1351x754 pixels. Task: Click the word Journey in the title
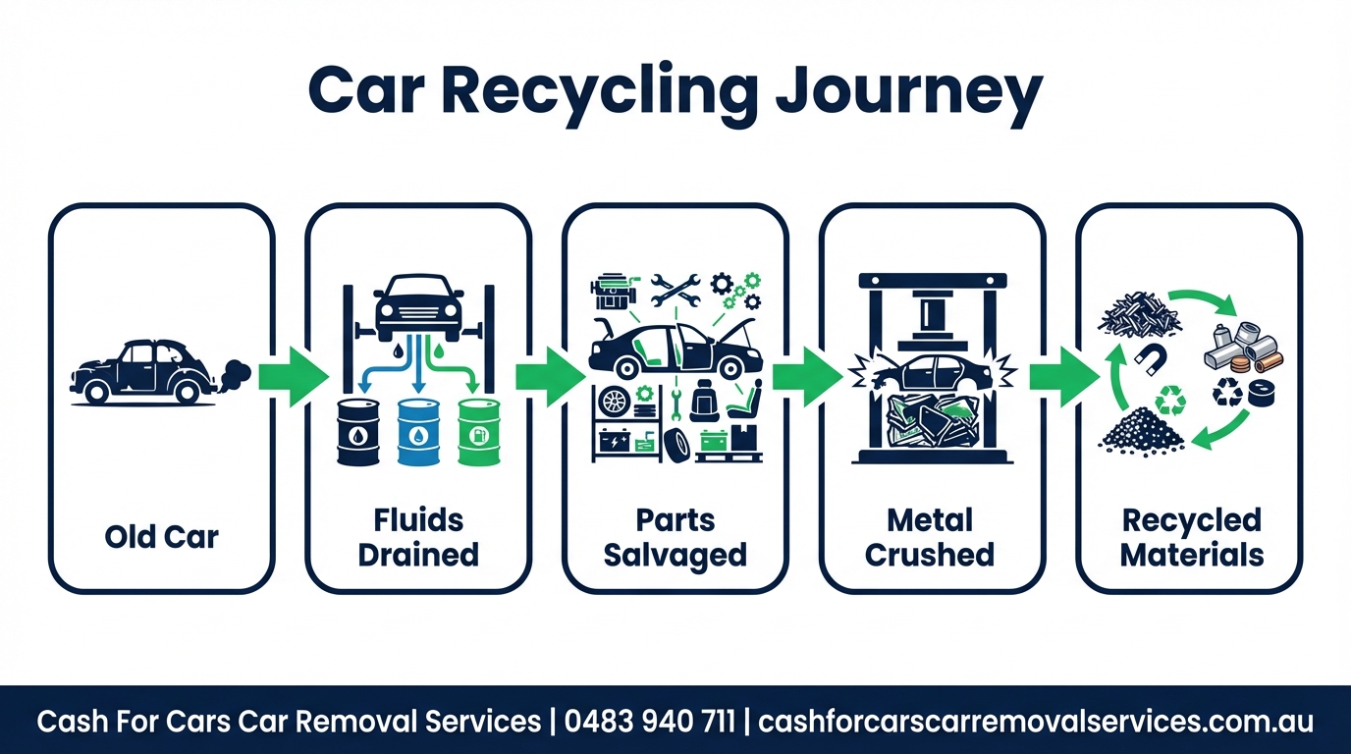(907, 93)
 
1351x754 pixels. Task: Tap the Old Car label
(162, 537)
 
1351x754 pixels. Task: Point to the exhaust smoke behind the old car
(235, 374)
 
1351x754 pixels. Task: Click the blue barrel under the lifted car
(417, 432)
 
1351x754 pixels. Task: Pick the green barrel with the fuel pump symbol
(478, 432)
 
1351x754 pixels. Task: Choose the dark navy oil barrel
(357, 432)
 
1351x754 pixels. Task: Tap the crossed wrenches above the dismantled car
(675, 287)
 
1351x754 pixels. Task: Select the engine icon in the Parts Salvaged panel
(612, 292)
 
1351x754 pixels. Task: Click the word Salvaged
(675, 555)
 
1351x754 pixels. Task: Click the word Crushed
(929, 555)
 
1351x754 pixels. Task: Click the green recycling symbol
(1169, 400)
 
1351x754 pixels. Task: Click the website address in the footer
(1036, 722)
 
